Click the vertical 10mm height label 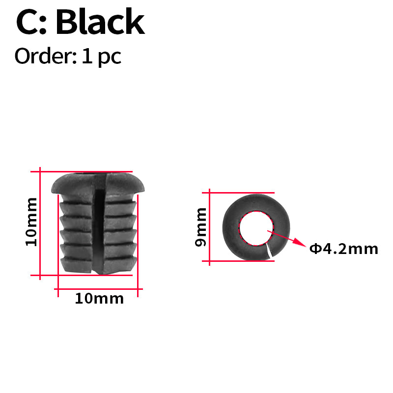pyautogui.click(x=31, y=222)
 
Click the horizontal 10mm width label pyautogui.click(x=99, y=298)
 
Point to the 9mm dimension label pyautogui.click(x=201, y=227)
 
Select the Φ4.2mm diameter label pyautogui.click(x=343, y=249)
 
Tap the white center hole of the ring pyautogui.click(x=254, y=228)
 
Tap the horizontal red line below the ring pyautogui.click(x=241, y=260)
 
